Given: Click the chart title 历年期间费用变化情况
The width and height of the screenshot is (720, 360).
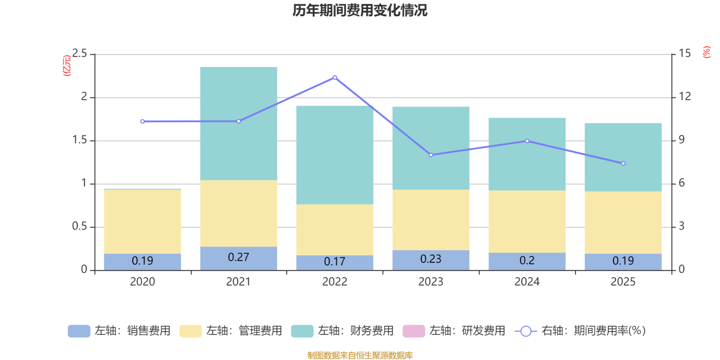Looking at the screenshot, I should pos(360,10).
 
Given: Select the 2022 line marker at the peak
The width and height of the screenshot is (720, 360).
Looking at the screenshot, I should pos(335,77).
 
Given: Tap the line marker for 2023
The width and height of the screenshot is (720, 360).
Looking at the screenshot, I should pos(431,155).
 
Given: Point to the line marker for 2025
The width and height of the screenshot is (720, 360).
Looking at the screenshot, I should pos(623,163).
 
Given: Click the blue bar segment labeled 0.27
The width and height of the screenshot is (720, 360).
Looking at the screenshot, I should pos(238,258).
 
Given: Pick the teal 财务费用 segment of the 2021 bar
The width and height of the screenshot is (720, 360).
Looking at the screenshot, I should pos(238,123).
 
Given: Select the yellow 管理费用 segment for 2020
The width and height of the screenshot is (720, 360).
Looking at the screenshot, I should pos(142,221).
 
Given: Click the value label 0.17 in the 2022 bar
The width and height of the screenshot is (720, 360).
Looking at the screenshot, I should pos(334,261).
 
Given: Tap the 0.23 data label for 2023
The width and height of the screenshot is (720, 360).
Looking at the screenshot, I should pos(431,259).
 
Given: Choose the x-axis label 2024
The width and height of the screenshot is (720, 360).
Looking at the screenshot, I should pos(527,282).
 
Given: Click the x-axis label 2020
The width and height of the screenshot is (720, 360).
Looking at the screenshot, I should pos(142,282).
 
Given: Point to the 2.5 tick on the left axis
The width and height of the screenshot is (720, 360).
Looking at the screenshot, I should pos(80,54).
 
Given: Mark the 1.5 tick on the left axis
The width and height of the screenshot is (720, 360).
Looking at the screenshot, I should pos(80,140).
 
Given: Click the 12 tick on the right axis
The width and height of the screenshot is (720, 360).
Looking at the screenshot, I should pos(685,96).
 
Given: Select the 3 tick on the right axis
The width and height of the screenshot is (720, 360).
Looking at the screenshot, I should pos(681,226).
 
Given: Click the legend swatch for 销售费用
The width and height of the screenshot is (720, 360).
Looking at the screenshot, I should pos(79,331).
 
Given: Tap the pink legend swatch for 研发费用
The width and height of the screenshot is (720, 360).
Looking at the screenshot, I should pos(414,331).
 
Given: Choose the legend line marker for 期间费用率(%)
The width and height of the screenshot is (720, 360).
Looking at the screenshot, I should pos(526,331).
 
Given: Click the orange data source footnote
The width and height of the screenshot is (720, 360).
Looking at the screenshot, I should pos(360,355).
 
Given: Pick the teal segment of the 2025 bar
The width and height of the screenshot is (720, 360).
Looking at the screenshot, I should pos(623,157).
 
